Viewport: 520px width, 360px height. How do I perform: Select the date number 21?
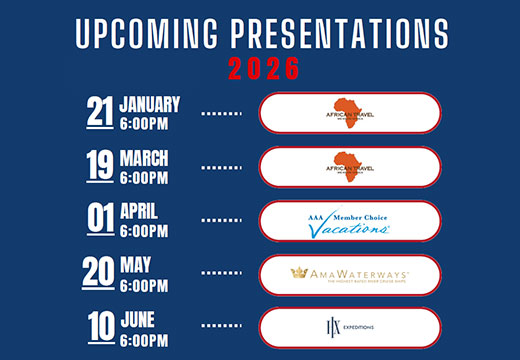click(x=99, y=112)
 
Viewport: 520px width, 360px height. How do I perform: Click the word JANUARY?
click(x=150, y=103)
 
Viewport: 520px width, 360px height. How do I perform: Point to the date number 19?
click(x=99, y=166)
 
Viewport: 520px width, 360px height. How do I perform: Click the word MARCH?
click(x=144, y=158)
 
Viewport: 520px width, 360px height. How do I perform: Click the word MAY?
click(x=136, y=265)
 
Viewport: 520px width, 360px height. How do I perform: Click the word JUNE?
click(x=139, y=319)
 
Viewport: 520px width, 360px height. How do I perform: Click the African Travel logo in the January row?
click(x=349, y=112)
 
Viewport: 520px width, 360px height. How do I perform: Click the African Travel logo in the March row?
click(x=349, y=166)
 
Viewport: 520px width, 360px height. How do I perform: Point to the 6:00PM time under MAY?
click(x=144, y=284)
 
